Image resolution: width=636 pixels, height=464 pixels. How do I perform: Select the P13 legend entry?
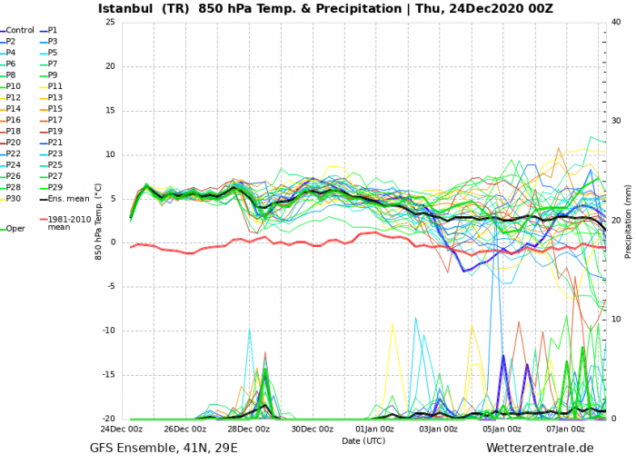[55, 97]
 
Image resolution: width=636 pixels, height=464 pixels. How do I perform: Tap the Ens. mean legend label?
[68, 198]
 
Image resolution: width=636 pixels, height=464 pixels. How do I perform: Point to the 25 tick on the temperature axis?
[110, 23]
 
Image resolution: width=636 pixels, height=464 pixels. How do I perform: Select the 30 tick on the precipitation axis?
[614, 122]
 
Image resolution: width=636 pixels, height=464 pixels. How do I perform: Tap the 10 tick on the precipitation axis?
[614, 320]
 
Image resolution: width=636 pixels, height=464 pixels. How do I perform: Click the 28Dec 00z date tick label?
[248, 429]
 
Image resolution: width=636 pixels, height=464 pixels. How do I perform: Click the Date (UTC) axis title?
[363, 440]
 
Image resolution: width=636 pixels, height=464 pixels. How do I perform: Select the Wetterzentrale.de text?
[540, 448]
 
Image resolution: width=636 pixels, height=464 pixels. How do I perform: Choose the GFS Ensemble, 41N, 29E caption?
[164, 448]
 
